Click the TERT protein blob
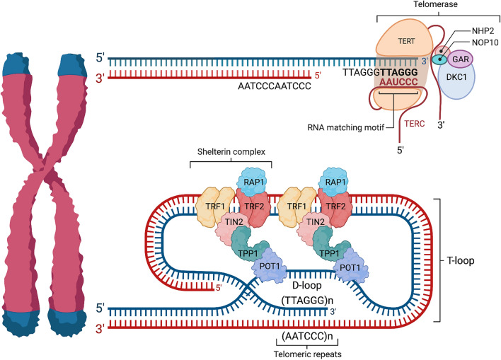coord(403,40)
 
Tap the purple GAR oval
coord(461,59)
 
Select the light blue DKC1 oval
coord(456,80)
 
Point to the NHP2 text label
coord(483,31)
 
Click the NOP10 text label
coord(485,42)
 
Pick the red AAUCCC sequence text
coord(398,82)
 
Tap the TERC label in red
coord(415,124)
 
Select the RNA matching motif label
coord(346,127)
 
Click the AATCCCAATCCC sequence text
coord(275,86)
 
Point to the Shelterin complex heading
coord(231,151)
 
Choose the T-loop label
coord(461,261)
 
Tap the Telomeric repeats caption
coord(308,354)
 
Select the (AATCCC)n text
coord(307,336)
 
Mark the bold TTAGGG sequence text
coord(399,72)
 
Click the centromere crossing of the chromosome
coord(45,168)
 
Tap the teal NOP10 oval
coord(439,59)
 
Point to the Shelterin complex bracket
coord(231,161)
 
